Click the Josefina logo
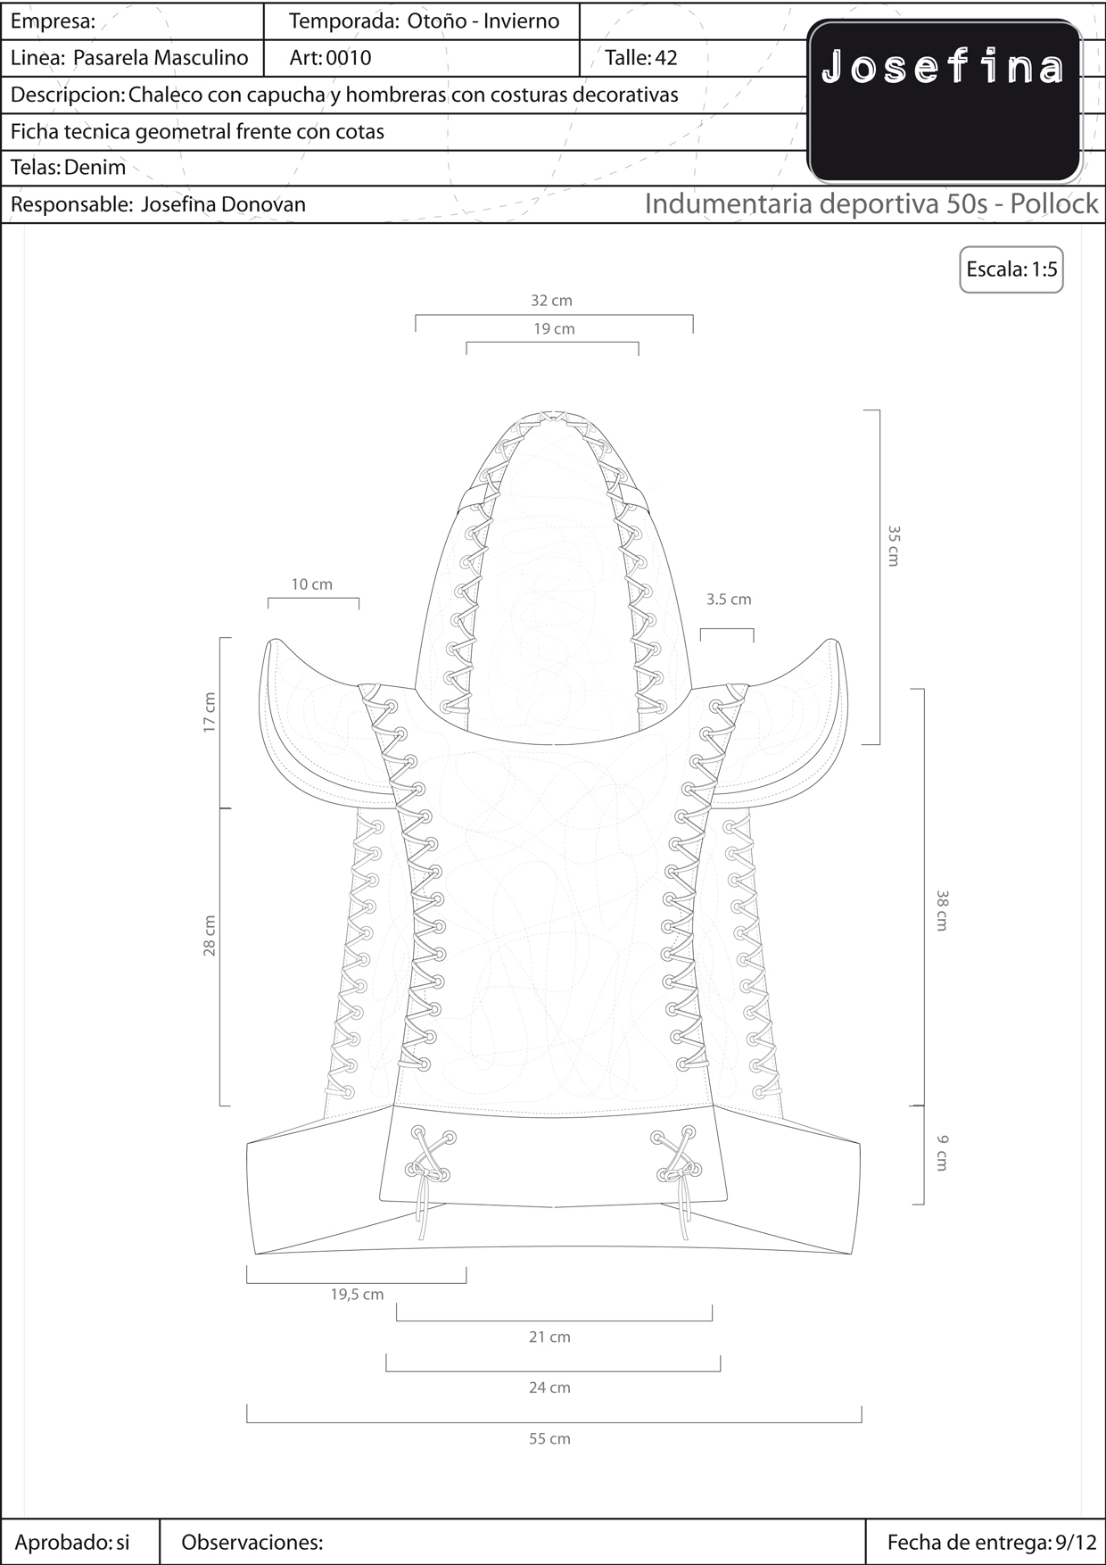[945, 101]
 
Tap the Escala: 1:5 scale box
[1011, 269]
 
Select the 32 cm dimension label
[551, 301]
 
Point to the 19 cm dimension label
[554, 329]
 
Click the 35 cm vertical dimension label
[894, 545]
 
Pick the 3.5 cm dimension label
[729, 600]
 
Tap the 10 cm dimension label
[311, 584]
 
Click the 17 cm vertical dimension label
[210, 712]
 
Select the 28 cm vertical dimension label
[210, 935]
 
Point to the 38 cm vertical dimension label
[942, 910]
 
